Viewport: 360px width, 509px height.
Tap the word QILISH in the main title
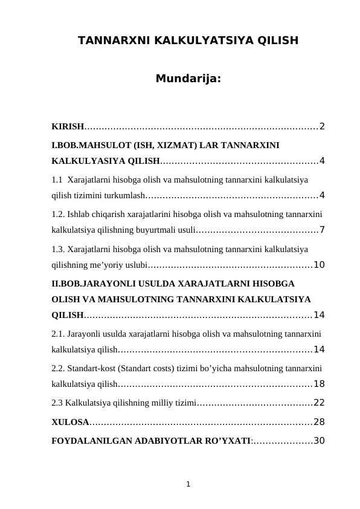(278, 41)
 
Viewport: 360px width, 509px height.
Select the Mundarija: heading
(188, 79)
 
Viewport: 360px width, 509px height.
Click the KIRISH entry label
(68, 126)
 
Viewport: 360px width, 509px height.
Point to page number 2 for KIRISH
(322, 126)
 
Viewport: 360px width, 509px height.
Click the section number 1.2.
(58, 213)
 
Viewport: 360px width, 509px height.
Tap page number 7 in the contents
(322, 230)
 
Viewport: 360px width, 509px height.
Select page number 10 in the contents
(319, 265)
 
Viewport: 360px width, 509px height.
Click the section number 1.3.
(58, 248)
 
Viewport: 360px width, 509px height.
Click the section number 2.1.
(58, 333)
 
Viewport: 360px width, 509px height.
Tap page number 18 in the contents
(319, 384)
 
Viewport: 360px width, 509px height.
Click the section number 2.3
(57, 403)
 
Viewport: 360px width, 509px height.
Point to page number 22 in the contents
(319, 403)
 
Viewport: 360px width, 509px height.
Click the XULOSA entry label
(70, 422)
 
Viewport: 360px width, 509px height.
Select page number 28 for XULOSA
(319, 422)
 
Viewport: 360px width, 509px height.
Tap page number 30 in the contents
(319, 441)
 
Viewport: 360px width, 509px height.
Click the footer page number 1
(188, 484)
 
